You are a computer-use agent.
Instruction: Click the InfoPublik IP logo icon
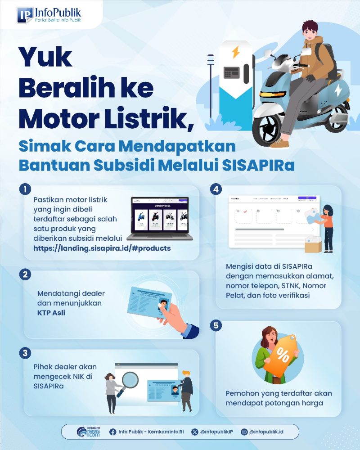(x=25, y=15)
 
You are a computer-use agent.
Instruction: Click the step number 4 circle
(x=216, y=189)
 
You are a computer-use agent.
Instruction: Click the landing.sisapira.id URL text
(x=102, y=248)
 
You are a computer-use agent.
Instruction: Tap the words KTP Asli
(x=51, y=312)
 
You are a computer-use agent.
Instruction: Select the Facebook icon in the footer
(x=113, y=432)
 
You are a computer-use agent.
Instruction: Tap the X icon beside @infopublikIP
(x=194, y=432)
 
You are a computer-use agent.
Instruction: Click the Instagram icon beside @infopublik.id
(x=244, y=432)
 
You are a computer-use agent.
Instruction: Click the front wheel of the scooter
(x=269, y=126)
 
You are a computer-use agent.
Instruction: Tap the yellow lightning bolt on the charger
(x=235, y=52)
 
